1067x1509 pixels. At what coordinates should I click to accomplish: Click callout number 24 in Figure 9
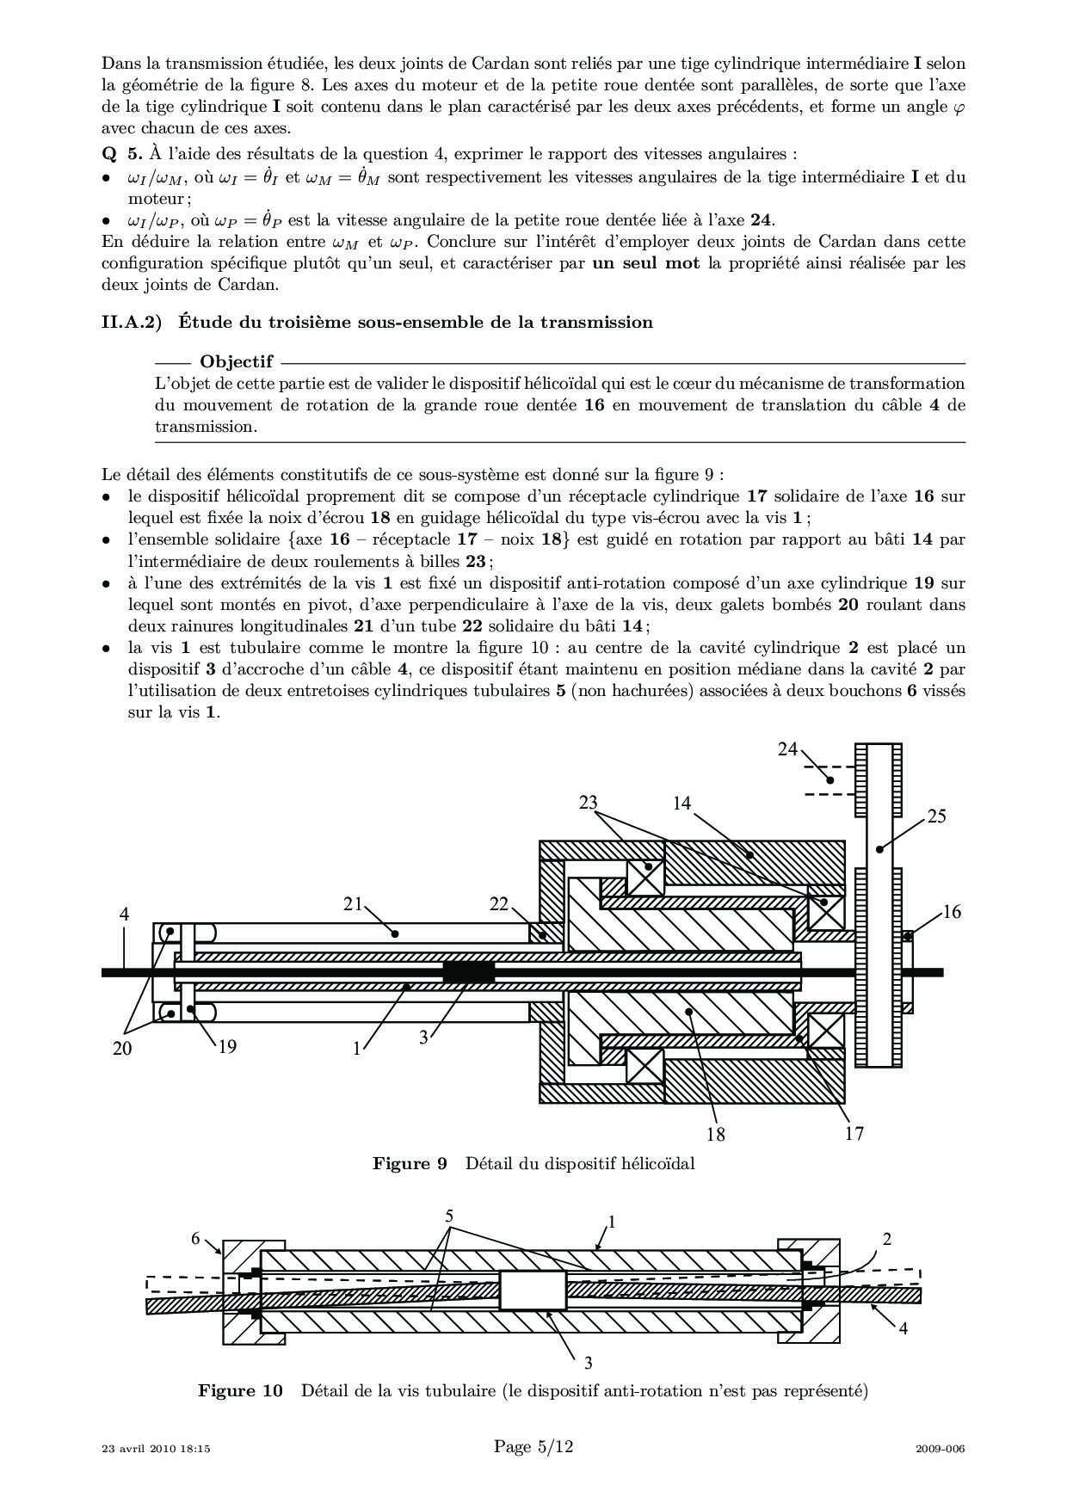pyautogui.click(x=787, y=748)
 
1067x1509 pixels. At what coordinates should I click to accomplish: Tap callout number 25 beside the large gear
pyautogui.click(x=936, y=816)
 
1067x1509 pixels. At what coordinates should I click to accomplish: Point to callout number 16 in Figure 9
pyautogui.click(x=952, y=912)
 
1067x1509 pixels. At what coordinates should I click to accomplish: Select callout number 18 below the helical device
pyautogui.click(x=716, y=1134)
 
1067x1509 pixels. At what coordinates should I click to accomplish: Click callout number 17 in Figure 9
pyautogui.click(x=854, y=1133)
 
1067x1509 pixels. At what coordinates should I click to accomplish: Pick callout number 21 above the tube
pyautogui.click(x=354, y=903)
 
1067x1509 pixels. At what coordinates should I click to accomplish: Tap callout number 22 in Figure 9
pyautogui.click(x=499, y=903)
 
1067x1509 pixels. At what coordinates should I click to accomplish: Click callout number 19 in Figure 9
pyautogui.click(x=227, y=1046)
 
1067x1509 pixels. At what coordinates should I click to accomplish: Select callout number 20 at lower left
pyautogui.click(x=122, y=1048)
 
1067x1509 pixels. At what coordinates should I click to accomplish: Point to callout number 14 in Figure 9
pyautogui.click(x=682, y=803)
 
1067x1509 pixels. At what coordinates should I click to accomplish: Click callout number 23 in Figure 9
pyautogui.click(x=589, y=803)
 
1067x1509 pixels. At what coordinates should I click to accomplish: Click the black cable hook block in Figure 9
pyautogui.click(x=469, y=973)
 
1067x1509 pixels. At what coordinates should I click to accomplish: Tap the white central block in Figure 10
pyautogui.click(x=533, y=1291)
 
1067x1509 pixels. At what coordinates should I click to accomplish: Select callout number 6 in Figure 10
pyautogui.click(x=195, y=1238)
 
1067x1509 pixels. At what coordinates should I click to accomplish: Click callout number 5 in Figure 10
pyautogui.click(x=449, y=1216)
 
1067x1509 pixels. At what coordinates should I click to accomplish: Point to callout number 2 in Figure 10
pyautogui.click(x=887, y=1239)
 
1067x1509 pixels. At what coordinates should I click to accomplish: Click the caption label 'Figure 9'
pyautogui.click(x=410, y=1164)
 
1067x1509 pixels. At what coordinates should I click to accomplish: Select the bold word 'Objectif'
pyautogui.click(x=237, y=362)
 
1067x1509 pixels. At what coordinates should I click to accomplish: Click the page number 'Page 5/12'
pyautogui.click(x=533, y=1447)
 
